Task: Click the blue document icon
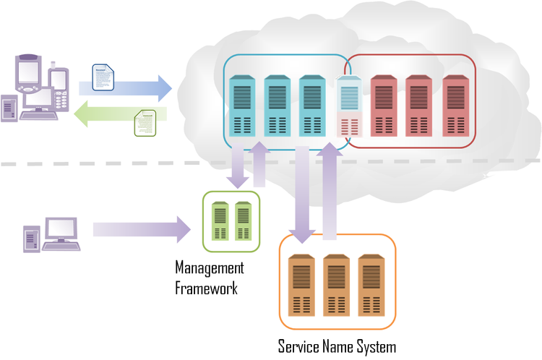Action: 103,78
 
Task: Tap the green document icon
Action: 145,122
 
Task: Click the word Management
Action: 210,269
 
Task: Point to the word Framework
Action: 206,288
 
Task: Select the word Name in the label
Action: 339,346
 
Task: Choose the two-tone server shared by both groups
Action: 349,106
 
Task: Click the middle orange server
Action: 336,284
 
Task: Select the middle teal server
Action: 277,104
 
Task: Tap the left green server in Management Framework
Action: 220,221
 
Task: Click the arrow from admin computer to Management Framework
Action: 141,229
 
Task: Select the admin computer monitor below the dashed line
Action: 61,229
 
